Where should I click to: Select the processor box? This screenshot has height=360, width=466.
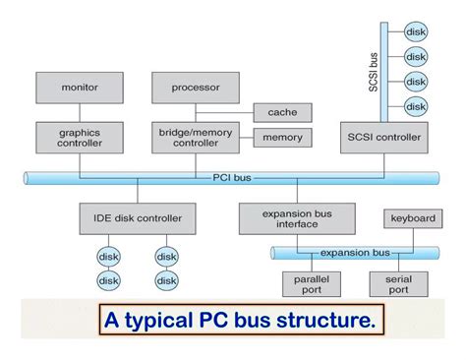tap(196, 88)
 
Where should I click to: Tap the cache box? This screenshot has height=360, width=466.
tap(282, 112)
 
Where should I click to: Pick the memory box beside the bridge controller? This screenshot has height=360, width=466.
tap(282, 137)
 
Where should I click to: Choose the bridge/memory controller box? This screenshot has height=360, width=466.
tap(196, 137)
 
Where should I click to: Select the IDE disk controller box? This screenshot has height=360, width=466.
tap(138, 216)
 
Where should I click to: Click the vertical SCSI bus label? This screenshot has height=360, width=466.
tap(373, 72)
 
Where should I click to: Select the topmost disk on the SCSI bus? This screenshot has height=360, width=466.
tap(416, 31)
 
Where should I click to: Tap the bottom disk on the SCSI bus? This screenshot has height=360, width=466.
tap(416, 105)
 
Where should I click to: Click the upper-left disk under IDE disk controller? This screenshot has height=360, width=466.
tap(108, 256)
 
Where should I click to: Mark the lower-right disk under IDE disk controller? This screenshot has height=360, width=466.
tap(166, 280)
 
